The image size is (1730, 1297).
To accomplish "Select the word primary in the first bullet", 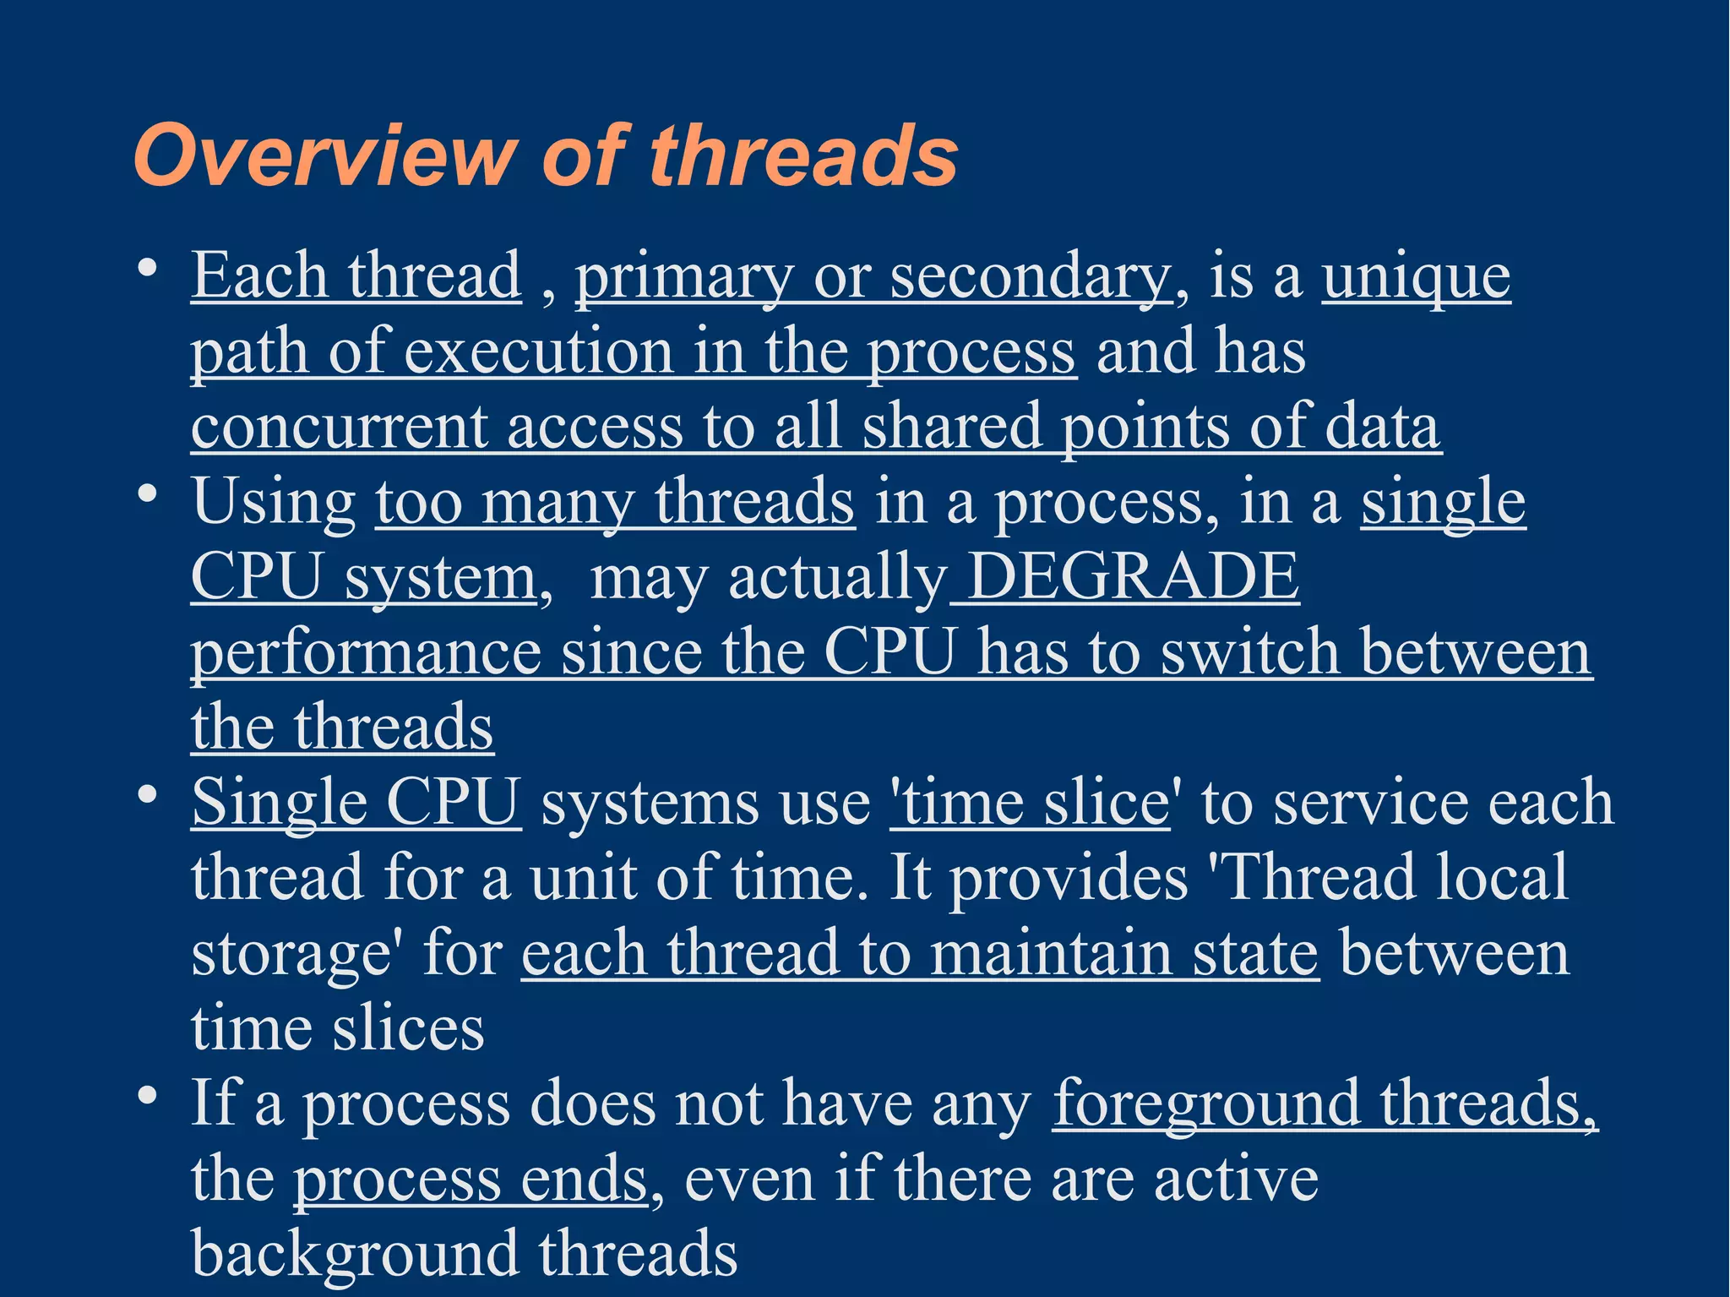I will (x=684, y=276).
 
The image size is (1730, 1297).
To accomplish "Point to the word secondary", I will (x=1031, y=276).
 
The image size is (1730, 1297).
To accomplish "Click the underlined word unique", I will (x=1416, y=276).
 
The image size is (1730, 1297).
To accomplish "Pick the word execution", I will (x=538, y=351).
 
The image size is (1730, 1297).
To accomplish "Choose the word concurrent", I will (x=339, y=427).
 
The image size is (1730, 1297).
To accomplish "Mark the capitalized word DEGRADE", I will (x=1133, y=577).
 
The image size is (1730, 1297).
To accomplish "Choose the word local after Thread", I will (x=1503, y=877).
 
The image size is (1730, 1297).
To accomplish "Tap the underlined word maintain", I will (x=1051, y=954).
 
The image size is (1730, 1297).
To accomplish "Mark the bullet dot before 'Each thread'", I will (x=148, y=268).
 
